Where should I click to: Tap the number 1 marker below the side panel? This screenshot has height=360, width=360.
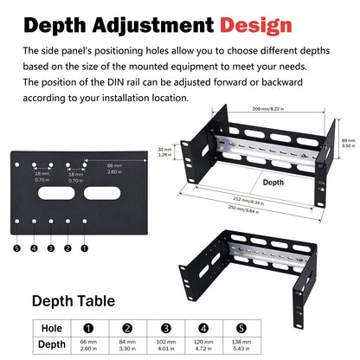click(x=84, y=247)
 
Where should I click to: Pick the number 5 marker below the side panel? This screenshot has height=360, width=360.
click(x=17, y=247)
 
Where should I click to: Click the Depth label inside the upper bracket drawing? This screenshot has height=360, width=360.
click(x=273, y=183)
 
